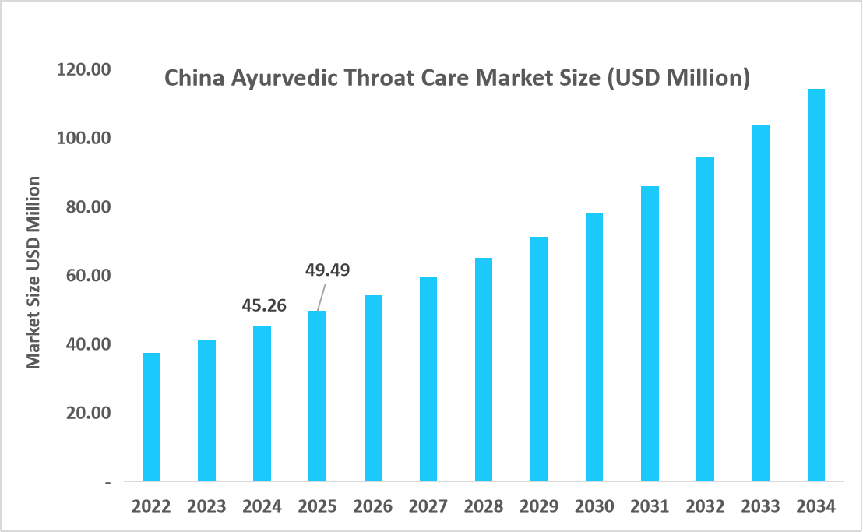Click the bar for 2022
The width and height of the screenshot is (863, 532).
(x=151, y=417)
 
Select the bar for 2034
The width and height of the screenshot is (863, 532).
(x=815, y=285)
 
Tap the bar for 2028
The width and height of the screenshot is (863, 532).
(x=483, y=369)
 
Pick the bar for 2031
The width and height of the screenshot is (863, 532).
(x=650, y=333)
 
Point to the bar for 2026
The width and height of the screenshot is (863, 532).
(x=372, y=388)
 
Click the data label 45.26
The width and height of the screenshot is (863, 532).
(x=262, y=305)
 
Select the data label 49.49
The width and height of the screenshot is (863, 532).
(x=326, y=270)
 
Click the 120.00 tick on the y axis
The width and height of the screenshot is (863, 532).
(x=84, y=69)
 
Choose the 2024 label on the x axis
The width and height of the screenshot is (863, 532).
(x=262, y=506)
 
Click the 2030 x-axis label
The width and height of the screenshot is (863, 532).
(x=594, y=506)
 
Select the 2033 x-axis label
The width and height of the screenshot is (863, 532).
(x=760, y=506)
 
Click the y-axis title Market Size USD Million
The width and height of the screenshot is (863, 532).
(x=33, y=273)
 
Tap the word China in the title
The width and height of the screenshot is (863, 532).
(x=187, y=79)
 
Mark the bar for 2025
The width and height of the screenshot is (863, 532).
(x=317, y=396)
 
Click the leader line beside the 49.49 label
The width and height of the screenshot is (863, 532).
(x=320, y=297)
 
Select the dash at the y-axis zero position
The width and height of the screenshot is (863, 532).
(x=107, y=482)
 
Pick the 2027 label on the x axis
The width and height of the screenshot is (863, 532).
(x=428, y=506)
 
